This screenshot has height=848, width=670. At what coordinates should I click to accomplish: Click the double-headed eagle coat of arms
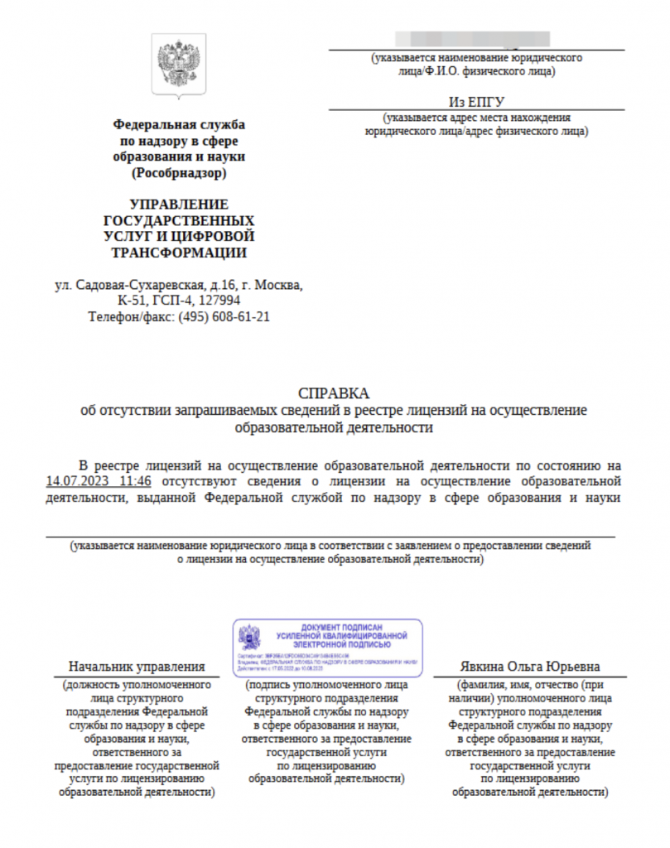pyautogui.click(x=178, y=65)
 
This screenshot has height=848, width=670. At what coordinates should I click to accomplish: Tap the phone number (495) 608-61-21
pyautogui.click(x=223, y=316)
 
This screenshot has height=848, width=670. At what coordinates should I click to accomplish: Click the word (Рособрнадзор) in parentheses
pyautogui.click(x=178, y=173)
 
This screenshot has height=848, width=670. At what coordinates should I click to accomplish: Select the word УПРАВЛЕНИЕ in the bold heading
pyautogui.click(x=179, y=205)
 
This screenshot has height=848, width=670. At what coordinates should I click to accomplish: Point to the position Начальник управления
pyautogui.click(x=137, y=667)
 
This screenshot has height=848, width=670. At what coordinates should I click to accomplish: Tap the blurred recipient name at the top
pyautogui.click(x=473, y=39)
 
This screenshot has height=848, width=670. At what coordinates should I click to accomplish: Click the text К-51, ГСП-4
pyautogui.click(x=156, y=301)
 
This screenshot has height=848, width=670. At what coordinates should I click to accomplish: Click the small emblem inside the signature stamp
pyautogui.click(x=249, y=637)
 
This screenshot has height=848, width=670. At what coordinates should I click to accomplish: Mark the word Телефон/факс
pyautogui.click(x=128, y=316)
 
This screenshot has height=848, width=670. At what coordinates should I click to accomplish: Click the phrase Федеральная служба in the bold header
pyautogui.click(x=179, y=124)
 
